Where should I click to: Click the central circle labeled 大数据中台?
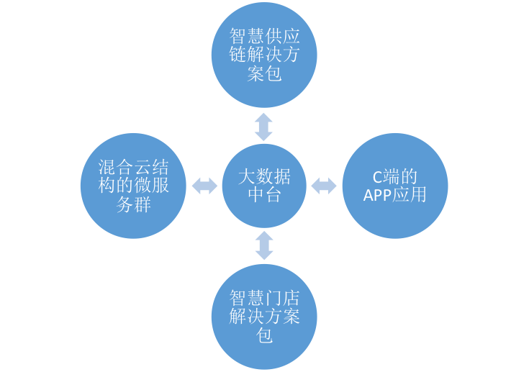(x=264, y=186)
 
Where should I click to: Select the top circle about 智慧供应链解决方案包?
(x=264, y=55)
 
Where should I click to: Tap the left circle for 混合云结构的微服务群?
(x=133, y=186)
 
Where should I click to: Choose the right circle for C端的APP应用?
(x=395, y=186)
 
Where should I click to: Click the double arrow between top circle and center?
(x=264, y=126)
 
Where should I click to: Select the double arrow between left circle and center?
(x=204, y=186)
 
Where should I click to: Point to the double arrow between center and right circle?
(x=324, y=186)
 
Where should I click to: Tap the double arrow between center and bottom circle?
(x=264, y=245)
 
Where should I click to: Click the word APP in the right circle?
(x=377, y=195)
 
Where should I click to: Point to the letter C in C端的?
(x=376, y=177)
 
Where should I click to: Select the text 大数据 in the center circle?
(x=264, y=176)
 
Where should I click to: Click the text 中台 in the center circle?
(x=264, y=195)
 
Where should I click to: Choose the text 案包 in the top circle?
(x=264, y=74)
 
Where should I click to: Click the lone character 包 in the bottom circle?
(x=264, y=335)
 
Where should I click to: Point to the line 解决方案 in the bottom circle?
(x=264, y=317)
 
